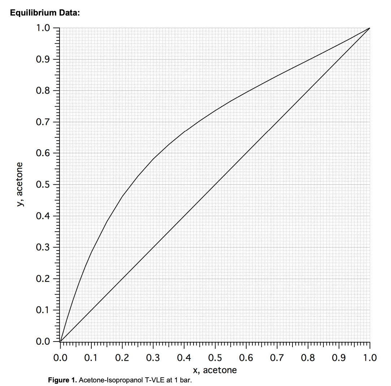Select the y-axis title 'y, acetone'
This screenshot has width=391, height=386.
[x=21, y=184]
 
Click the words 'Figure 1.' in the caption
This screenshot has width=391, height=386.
[x=63, y=380]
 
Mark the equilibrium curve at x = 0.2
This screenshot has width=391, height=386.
[x=122, y=197]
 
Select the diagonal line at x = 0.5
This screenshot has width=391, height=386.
[x=215, y=185]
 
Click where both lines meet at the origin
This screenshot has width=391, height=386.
[x=60, y=341]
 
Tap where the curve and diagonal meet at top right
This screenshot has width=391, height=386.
[x=369, y=28]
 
